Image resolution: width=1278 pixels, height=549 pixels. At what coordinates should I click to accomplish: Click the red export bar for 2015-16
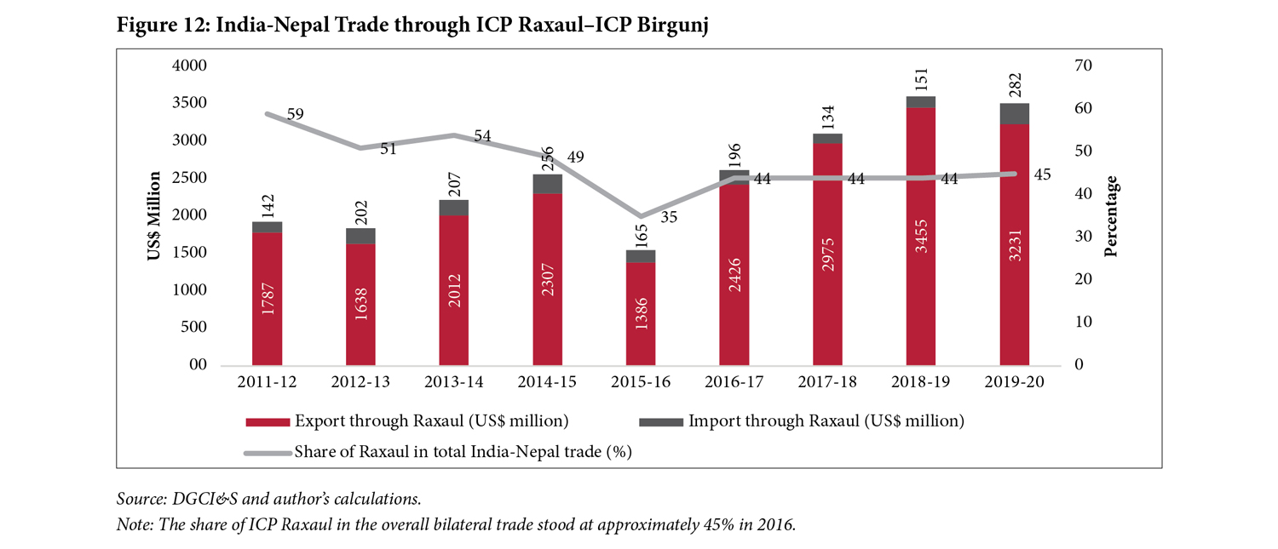641,313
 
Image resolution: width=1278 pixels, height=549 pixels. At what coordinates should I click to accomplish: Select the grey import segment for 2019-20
1014,114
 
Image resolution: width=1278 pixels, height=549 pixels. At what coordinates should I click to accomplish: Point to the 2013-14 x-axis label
454,383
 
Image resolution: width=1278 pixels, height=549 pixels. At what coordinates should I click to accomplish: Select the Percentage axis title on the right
1111,216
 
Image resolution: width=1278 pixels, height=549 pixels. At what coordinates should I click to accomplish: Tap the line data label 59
295,114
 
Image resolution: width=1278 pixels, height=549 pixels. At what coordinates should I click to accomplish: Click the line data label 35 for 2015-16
669,217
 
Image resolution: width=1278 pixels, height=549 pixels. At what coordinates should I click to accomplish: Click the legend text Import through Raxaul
826,421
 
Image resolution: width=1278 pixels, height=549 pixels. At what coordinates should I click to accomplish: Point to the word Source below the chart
138,499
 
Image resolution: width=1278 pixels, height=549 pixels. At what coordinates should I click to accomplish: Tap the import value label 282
1015,85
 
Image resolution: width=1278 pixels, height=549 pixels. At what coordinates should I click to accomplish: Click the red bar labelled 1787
267,298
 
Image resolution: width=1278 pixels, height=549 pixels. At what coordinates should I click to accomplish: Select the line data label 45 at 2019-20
1042,174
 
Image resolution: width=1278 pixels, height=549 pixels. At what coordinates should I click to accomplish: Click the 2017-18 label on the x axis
827,383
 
